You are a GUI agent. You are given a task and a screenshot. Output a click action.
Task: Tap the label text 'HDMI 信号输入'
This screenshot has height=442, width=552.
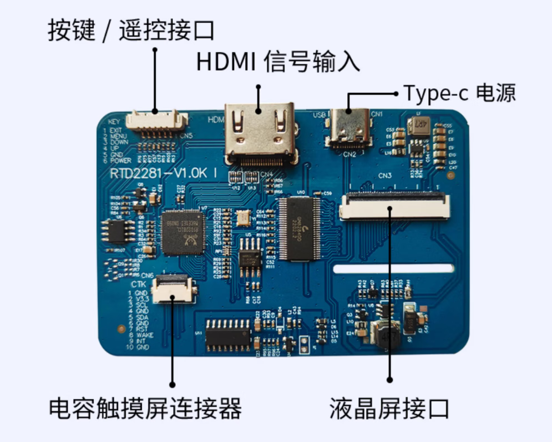278,62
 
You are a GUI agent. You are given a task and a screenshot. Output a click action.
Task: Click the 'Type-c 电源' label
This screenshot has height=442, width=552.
459,93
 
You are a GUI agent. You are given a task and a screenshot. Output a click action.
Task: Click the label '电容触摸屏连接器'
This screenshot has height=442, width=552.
145,409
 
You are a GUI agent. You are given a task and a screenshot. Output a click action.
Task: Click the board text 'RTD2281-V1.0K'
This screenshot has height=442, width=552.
159,174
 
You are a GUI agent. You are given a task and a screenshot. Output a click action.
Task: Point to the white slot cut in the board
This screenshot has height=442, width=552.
393,269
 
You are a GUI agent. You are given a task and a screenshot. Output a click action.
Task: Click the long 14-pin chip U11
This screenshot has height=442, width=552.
228,335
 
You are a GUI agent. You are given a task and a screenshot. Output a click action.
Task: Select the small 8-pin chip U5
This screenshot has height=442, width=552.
250,259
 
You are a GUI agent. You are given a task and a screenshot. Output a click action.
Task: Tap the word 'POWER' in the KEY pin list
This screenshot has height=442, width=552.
119,160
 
